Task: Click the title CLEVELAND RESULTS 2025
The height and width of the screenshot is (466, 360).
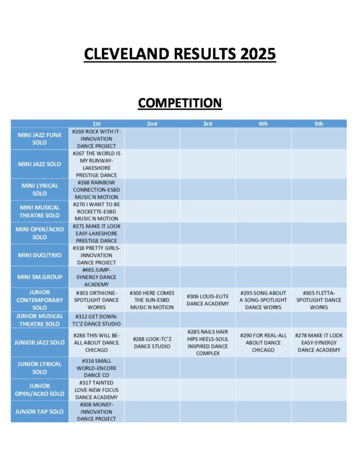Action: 179,54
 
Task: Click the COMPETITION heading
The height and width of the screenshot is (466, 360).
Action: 179,103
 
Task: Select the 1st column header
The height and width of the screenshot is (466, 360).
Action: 96,123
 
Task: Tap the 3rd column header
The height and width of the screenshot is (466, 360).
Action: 207,123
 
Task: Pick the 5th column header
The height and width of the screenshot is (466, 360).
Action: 319,123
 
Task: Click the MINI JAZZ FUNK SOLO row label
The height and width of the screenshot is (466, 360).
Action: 40,139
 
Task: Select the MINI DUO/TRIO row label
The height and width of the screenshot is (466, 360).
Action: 40,255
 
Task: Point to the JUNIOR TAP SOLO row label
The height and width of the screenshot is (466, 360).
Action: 40,412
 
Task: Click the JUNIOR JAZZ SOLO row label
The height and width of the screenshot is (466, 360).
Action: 40,343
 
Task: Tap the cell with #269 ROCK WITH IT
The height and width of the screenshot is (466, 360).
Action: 96,139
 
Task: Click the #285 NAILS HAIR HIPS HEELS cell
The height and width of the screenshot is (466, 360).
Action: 207,343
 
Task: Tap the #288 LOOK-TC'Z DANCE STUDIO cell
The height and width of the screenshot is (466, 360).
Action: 151,343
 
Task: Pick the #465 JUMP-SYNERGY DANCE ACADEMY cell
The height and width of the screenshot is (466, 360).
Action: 96,277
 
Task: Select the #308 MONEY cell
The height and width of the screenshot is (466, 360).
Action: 96,412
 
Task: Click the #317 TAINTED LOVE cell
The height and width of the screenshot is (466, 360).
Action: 96,390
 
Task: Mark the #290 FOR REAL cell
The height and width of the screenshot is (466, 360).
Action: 263,343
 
